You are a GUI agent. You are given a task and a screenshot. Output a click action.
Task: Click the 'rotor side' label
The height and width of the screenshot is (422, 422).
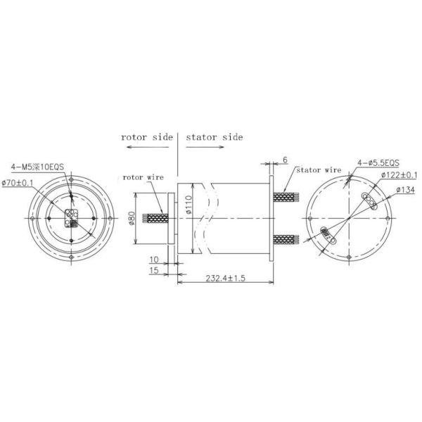[x=146, y=136]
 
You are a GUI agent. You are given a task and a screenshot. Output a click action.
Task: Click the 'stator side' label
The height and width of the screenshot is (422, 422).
[x=215, y=136]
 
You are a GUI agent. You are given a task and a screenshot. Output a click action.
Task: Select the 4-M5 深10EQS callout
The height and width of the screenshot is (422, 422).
[x=37, y=167]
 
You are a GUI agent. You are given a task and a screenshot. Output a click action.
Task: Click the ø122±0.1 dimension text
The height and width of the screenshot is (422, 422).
[x=400, y=176]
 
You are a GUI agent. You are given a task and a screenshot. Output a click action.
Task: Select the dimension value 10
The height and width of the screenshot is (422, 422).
[x=153, y=260]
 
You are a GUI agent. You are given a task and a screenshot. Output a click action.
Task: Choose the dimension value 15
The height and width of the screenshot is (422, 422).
[x=153, y=269]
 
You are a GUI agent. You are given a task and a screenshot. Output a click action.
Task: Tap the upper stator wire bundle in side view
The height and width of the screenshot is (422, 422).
[x=284, y=197]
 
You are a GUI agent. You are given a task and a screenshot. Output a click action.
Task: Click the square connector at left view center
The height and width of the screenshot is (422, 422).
[x=70, y=219]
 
